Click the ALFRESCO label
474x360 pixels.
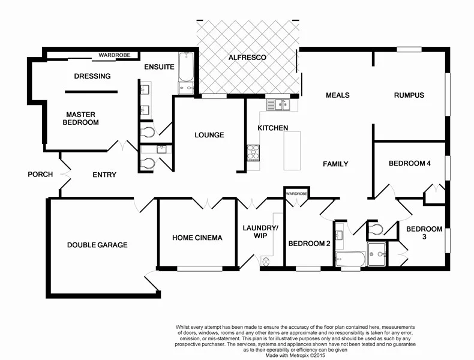(x=247, y=58)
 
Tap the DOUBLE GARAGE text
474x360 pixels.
(x=97, y=245)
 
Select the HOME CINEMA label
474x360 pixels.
(x=197, y=238)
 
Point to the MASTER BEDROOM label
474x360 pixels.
(x=82, y=118)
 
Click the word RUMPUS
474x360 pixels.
(x=409, y=95)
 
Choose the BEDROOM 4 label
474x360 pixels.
(x=410, y=163)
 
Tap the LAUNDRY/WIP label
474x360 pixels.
(x=260, y=232)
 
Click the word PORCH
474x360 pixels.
(x=40, y=175)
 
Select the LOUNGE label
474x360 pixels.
(x=209, y=135)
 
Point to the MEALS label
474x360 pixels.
(x=337, y=95)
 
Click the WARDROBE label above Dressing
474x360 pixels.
(x=115, y=55)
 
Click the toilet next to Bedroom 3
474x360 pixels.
(x=374, y=229)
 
